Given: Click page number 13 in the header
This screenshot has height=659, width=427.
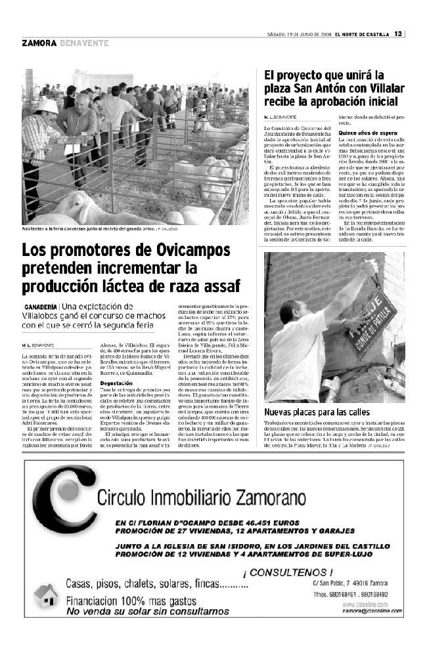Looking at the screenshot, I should coord(398,34).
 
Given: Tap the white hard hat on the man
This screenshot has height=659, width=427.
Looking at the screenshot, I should coord(46,106).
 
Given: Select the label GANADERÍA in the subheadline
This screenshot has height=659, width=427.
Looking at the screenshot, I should coord(41,307).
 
